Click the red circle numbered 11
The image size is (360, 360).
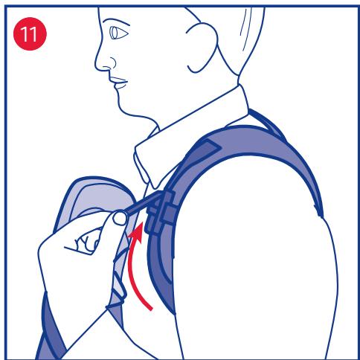click(30, 33)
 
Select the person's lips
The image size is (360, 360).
click(119, 83)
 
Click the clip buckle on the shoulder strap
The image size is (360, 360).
click(161, 213)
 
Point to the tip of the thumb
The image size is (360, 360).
click(120, 218)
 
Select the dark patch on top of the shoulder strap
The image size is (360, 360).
click(208, 150)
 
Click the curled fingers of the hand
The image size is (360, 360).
click(87, 242)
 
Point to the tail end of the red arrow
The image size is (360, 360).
click(151, 309)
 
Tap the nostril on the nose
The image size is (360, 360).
click(113, 62)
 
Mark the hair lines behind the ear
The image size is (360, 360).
click(245, 28)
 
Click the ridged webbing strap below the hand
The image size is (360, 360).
click(118, 285)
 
